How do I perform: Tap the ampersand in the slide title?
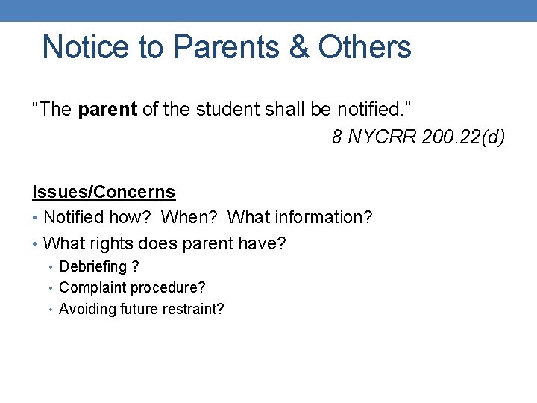(x=298, y=47)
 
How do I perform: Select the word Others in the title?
(x=364, y=47)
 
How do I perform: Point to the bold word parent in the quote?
(x=107, y=110)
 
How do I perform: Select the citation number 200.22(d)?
(x=462, y=137)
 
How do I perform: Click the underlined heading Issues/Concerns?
(x=104, y=192)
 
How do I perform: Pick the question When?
(x=190, y=218)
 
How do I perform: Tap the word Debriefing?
(x=92, y=267)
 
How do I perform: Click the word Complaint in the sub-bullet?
(x=89, y=287)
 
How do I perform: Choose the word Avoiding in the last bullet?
(x=85, y=308)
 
